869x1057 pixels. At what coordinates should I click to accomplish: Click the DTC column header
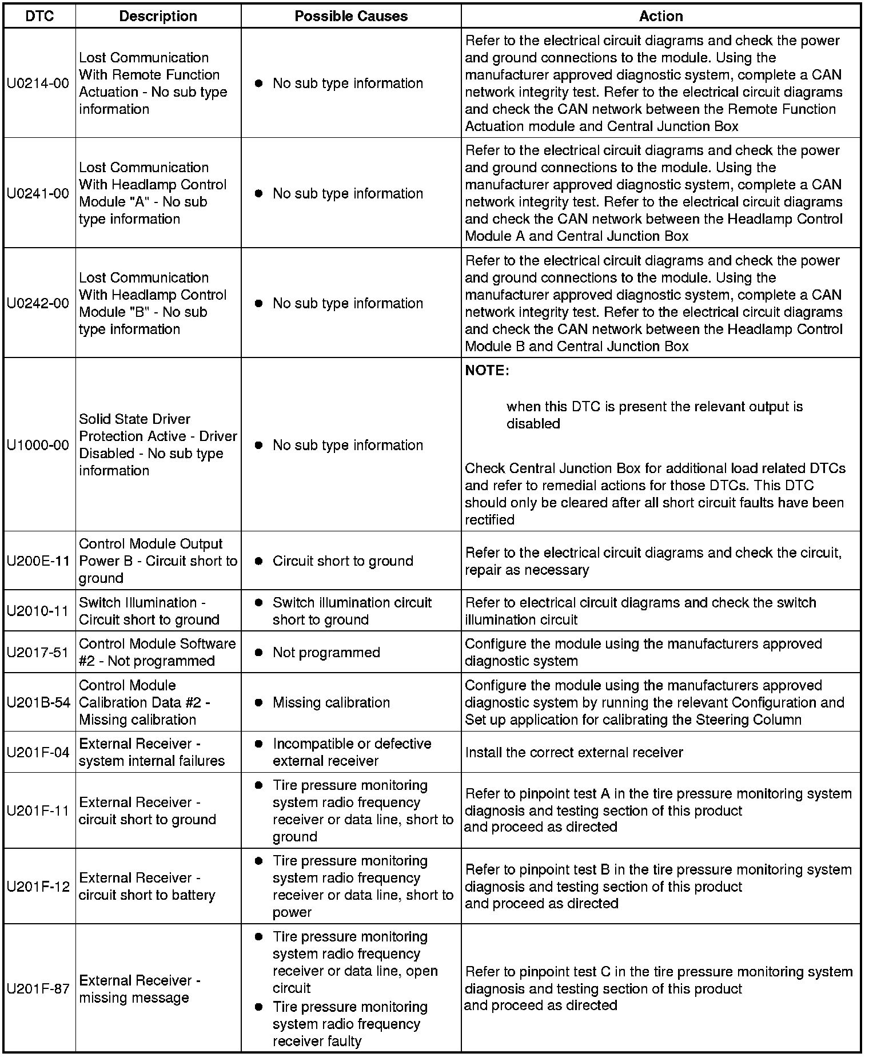(x=39, y=17)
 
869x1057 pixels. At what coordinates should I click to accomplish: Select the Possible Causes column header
(x=351, y=17)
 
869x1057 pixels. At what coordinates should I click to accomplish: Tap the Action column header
(x=661, y=17)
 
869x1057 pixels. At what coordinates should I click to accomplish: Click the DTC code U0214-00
(x=38, y=84)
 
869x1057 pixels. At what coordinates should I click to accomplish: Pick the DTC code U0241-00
(x=38, y=193)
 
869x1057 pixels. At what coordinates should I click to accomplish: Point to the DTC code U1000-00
(x=38, y=445)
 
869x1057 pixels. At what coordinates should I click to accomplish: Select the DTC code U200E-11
(x=38, y=561)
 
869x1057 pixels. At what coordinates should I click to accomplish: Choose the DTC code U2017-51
(x=38, y=653)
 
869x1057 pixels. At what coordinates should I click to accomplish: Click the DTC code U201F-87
(x=38, y=988)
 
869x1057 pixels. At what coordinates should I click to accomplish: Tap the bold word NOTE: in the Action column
(x=487, y=371)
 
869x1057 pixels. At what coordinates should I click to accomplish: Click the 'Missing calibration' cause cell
(x=331, y=702)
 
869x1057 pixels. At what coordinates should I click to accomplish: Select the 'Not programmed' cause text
(x=326, y=653)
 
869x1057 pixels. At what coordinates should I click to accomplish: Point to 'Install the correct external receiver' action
(x=574, y=752)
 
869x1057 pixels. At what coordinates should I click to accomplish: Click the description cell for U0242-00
(x=153, y=303)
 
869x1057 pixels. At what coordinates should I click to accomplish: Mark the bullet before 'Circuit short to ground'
(x=258, y=561)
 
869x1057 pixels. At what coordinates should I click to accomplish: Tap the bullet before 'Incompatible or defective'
(x=258, y=744)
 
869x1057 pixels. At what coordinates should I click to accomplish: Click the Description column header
(x=158, y=17)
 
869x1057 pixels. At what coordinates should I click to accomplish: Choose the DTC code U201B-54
(x=38, y=702)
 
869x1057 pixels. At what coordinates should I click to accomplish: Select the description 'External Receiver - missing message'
(x=139, y=988)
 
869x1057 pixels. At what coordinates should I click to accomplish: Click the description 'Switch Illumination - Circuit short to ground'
(x=149, y=611)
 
